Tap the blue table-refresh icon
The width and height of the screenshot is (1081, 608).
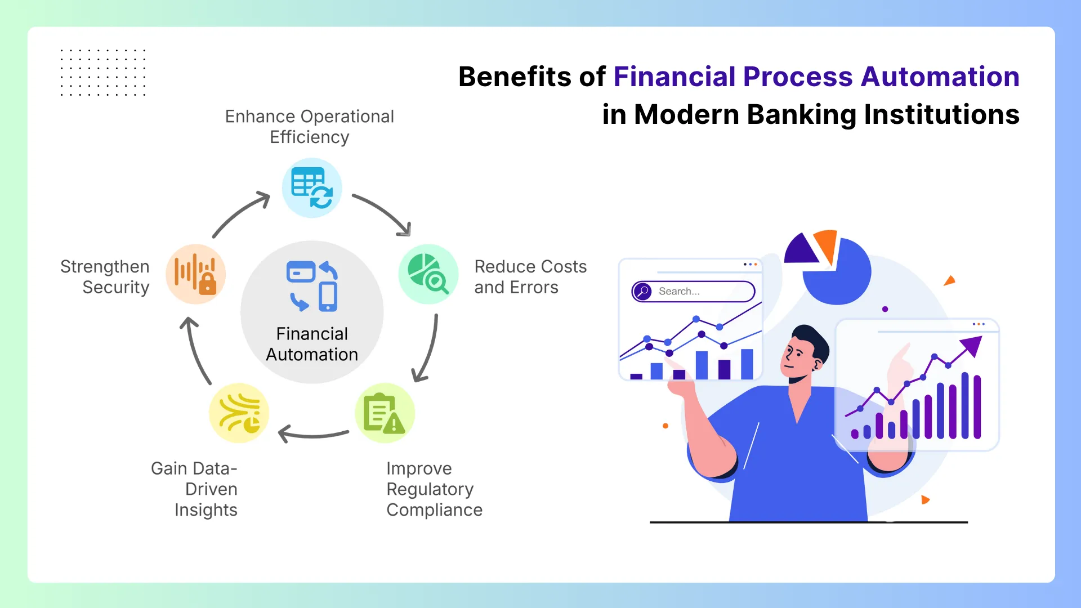point(312,188)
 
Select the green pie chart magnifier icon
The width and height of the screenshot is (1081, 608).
point(428,274)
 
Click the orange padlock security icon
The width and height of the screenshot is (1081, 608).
point(195,274)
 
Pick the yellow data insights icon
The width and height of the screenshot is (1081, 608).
point(239,413)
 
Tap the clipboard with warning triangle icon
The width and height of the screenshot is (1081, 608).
point(385,413)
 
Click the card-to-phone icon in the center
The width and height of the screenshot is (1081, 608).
point(312,286)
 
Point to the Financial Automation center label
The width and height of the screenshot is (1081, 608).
point(312,344)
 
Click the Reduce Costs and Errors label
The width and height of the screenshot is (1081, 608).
point(530,277)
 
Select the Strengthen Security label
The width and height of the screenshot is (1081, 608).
point(105,277)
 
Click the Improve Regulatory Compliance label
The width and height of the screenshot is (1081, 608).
point(434,489)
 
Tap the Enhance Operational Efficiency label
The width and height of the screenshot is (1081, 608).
point(310,127)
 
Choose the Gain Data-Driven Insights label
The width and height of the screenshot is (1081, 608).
point(194,489)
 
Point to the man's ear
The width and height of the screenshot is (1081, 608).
point(818,364)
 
